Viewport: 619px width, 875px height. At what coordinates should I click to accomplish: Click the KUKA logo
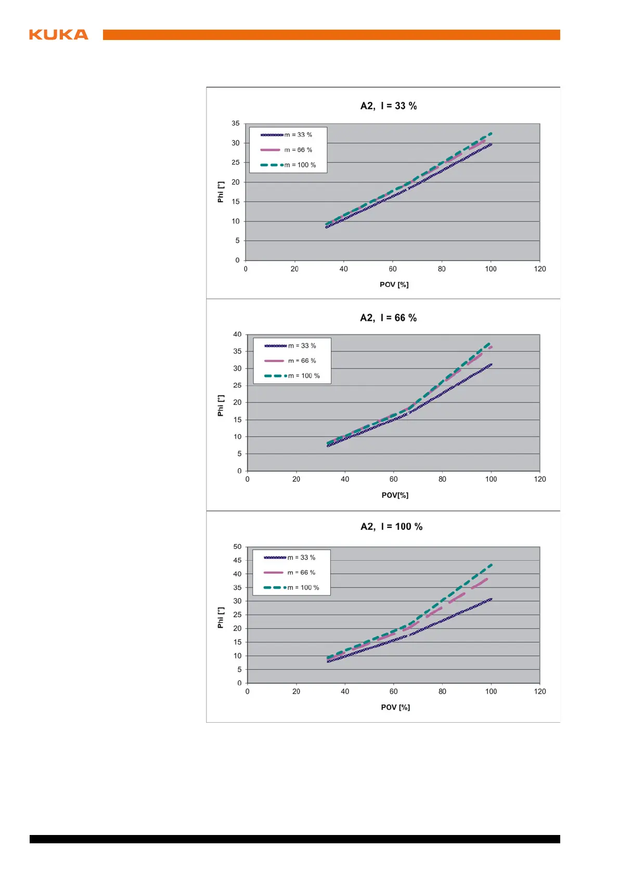[x=58, y=35]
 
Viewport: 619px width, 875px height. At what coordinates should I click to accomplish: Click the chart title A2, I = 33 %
[x=389, y=106]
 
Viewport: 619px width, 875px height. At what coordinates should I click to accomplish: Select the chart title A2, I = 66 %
[x=388, y=318]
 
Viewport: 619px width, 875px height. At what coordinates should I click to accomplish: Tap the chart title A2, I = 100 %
[x=391, y=527]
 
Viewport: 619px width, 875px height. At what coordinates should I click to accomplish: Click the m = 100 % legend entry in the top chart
[x=300, y=165]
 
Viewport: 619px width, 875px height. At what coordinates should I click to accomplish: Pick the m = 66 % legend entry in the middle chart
[x=302, y=361]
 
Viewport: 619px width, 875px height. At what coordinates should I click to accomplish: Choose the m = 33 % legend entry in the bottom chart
[x=301, y=558]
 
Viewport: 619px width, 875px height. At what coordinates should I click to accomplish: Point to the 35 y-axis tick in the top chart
[x=236, y=124]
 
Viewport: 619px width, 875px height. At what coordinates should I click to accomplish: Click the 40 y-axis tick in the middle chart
[x=237, y=335]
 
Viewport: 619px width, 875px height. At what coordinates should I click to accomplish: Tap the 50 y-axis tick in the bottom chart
[x=237, y=547]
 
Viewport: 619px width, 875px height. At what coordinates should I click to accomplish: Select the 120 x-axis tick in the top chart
[x=540, y=269]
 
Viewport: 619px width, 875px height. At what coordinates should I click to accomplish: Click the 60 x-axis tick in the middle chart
[x=394, y=480]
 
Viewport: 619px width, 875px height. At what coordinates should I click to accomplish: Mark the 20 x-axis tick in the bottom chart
[x=296, y=692]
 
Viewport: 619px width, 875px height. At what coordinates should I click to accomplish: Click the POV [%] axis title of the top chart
[x=394, y=285]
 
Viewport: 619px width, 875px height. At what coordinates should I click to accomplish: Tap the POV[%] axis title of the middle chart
[x=395, y=495]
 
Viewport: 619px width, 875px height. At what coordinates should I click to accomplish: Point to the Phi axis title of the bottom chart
[x=221, y=618]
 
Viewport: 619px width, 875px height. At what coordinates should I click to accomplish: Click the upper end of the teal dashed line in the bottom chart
[x=491, y=565]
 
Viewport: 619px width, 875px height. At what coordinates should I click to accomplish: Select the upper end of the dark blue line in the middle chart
[x=491, y=365]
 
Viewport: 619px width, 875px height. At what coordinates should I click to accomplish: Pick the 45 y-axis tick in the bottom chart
[x=237, y=561]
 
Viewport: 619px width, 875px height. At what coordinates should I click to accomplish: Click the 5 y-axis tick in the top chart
[x=237, y=241]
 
